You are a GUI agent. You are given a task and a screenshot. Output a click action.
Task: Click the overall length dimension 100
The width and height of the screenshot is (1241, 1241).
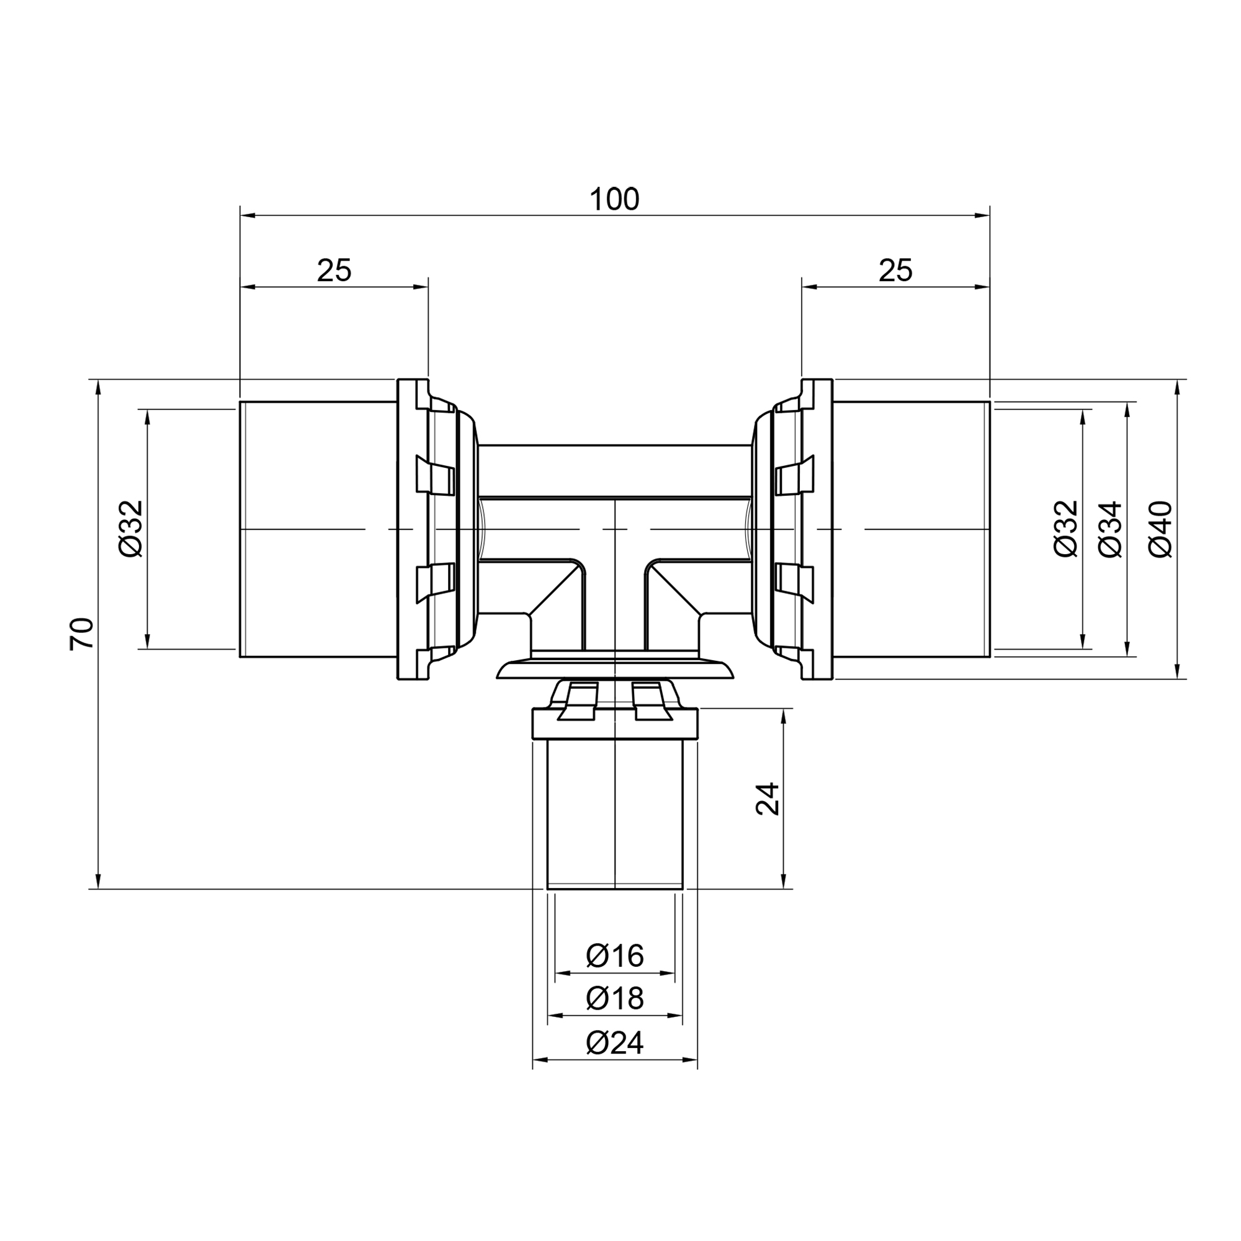(614, 200)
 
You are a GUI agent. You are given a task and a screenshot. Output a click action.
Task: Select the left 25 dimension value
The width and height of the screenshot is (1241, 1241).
(334, 271)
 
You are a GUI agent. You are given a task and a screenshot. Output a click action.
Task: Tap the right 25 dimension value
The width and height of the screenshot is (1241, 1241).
(895, 271)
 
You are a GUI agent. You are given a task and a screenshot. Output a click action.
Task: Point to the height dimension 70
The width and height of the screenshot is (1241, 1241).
(83, 634)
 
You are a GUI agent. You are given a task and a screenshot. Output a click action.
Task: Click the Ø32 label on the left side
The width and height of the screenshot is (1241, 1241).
(132, 529)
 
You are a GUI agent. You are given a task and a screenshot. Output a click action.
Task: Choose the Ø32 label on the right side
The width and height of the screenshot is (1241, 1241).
(1065, 529)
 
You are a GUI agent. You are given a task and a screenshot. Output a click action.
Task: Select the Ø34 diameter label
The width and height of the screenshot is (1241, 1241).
(1111, 529)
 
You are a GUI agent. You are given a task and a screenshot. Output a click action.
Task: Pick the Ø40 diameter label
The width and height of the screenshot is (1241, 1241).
(1160, 529)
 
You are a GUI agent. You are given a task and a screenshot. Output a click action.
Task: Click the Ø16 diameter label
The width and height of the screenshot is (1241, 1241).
(615, 956)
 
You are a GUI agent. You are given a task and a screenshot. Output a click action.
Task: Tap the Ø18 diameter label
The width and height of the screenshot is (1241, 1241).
(615, 998)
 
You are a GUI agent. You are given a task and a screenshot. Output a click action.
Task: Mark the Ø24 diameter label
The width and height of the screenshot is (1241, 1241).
(615, 1042)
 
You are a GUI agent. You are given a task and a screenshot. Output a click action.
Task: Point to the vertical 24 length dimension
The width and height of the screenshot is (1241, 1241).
(768, 799)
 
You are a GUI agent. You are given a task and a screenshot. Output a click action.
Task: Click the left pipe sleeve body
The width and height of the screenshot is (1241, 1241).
(318, 529)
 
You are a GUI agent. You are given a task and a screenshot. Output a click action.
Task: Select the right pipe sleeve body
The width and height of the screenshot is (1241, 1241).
(912, 529)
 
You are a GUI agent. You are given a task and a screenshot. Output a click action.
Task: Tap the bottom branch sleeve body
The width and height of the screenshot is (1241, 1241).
(615, 815)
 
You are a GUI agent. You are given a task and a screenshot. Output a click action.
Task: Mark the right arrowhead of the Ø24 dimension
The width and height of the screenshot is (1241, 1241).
(690, 1059)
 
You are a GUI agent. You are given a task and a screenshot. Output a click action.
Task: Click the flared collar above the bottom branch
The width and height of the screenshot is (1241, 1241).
(616, 668)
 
